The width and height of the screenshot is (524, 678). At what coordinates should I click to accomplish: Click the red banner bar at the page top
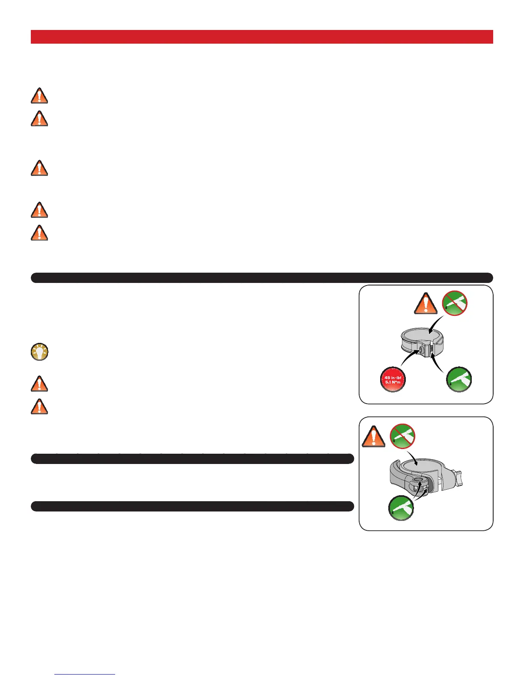pos(262,37)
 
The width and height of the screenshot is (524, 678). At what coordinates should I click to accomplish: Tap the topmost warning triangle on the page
pos(39,95)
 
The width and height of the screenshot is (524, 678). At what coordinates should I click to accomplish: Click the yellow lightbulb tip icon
pos(39,352)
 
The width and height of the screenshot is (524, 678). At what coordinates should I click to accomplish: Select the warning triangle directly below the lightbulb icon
pos(39,384)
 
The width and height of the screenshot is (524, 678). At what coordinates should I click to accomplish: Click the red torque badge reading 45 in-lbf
pos(393,380)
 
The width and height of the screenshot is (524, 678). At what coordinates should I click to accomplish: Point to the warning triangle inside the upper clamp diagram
pos(426,303)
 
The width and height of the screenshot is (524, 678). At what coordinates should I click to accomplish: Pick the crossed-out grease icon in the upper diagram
pos(455,303)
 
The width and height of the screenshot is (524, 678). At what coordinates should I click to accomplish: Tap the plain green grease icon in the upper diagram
pos(459,379)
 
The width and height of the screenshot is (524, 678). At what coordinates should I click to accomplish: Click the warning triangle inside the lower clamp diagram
pos(373,437)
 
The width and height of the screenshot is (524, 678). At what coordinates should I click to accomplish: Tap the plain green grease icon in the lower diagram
pos(401,508)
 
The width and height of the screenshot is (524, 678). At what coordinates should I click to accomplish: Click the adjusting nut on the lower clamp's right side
pos(458,476)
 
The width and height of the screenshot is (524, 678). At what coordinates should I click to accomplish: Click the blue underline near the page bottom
pos(85,675)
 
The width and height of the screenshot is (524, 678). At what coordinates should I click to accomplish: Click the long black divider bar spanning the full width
pos(262,278)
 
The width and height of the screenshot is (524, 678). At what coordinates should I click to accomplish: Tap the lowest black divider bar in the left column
pos(192,506)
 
